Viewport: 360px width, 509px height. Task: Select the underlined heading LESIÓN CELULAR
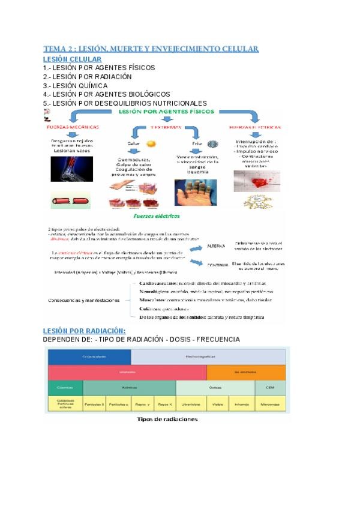pyautogui.click(x=72, y=59)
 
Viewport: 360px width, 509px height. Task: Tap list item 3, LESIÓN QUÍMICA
pyautogui.click(x=75, y=85)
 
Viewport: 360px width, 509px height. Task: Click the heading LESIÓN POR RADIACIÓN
pyautogui.click(x=84, y=331)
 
